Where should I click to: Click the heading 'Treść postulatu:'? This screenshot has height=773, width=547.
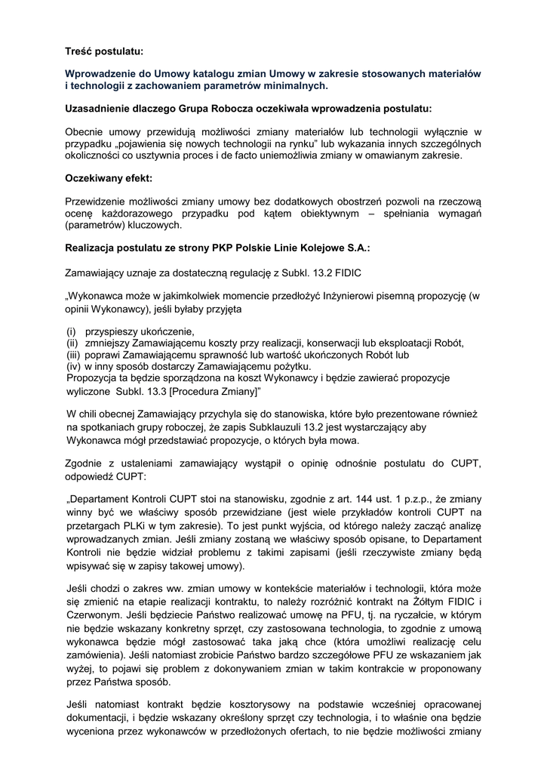click(103, 51)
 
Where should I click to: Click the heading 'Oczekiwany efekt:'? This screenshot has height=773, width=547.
click(109, 179)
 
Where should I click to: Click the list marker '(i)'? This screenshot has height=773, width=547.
click(72, 331)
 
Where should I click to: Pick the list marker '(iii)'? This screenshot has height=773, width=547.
click(73, 354)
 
